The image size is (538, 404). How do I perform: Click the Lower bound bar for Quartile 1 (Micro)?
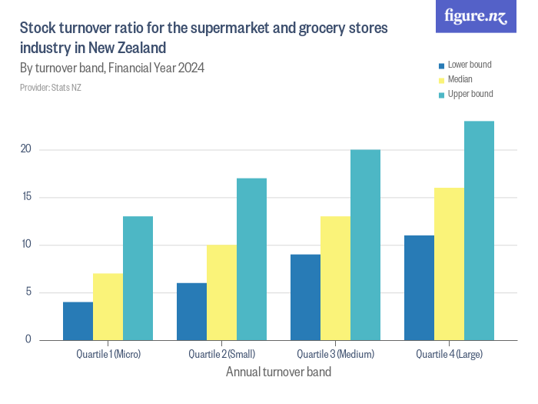point(78,321)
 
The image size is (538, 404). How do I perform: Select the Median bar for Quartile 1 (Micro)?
point(108,306)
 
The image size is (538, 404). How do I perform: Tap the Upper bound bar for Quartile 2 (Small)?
point(251,259)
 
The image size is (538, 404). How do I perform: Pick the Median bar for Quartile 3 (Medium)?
point(335,278)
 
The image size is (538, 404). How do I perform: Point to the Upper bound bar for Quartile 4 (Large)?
point(479,231)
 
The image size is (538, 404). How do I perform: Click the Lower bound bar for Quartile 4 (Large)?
point(419,288)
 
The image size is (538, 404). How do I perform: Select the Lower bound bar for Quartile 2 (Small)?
point(191,312)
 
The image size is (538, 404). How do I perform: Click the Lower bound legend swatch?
point(441,65)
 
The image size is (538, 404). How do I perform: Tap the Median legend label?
point(460,79)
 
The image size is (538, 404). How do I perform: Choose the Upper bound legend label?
point(470,94)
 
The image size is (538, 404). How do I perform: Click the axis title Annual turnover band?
point(278,372)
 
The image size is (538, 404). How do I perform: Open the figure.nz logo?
point(476,16)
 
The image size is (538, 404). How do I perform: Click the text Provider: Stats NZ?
point(51,88)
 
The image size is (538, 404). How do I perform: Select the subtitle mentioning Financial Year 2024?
point(112,68)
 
